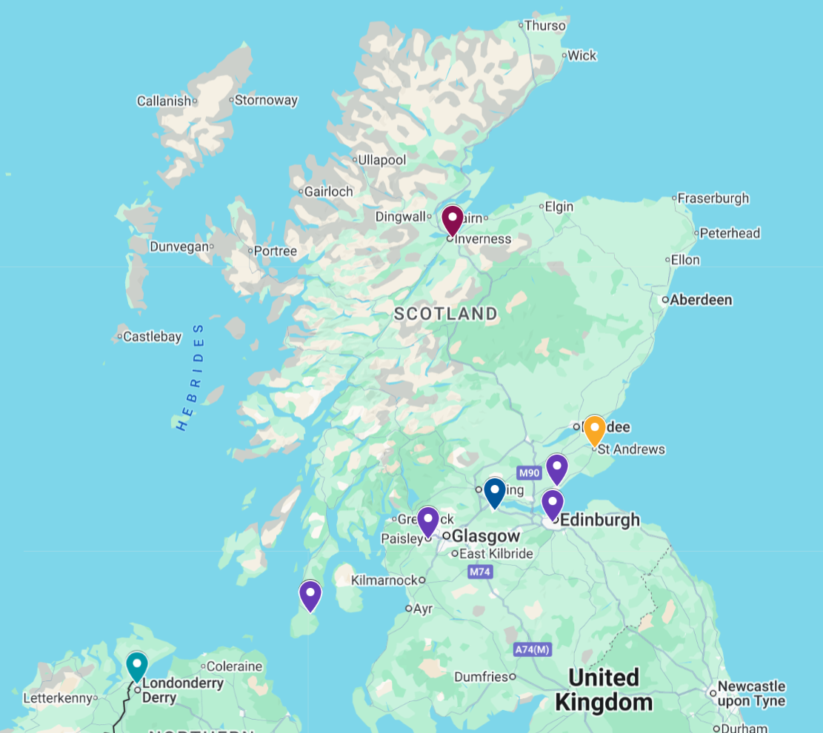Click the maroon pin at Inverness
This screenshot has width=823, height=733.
(452, 220)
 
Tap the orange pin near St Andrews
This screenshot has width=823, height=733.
(594, 430)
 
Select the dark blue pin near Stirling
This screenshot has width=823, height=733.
(494, 492)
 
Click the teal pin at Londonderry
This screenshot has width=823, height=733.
(136, 666)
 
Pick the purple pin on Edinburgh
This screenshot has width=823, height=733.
(552, 503)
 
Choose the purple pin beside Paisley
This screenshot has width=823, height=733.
(428, 521)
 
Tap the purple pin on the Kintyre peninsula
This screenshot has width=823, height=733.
(310, 595)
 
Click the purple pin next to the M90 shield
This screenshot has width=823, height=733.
(556, 468)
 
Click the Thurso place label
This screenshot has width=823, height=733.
(544, 25)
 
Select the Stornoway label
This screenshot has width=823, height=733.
(266, 100)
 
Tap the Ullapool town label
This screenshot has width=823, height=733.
(381, 160)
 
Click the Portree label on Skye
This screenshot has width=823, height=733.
(275, 251)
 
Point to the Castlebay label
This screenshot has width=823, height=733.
(152, 337)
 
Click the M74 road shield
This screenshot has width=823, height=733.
(480, 572)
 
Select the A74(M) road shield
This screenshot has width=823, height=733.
(533, 649)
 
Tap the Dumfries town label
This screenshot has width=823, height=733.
(480, 677)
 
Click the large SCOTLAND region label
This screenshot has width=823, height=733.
(446, 314)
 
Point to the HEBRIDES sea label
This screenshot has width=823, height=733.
(191, 377)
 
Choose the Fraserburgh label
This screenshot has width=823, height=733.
(713, 198)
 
